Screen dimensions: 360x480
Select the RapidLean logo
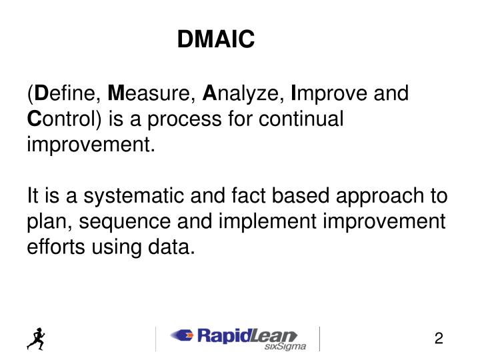pos(233,335)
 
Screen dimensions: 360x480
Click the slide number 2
pos(439,339)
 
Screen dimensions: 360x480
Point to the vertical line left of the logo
pos(155,338)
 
